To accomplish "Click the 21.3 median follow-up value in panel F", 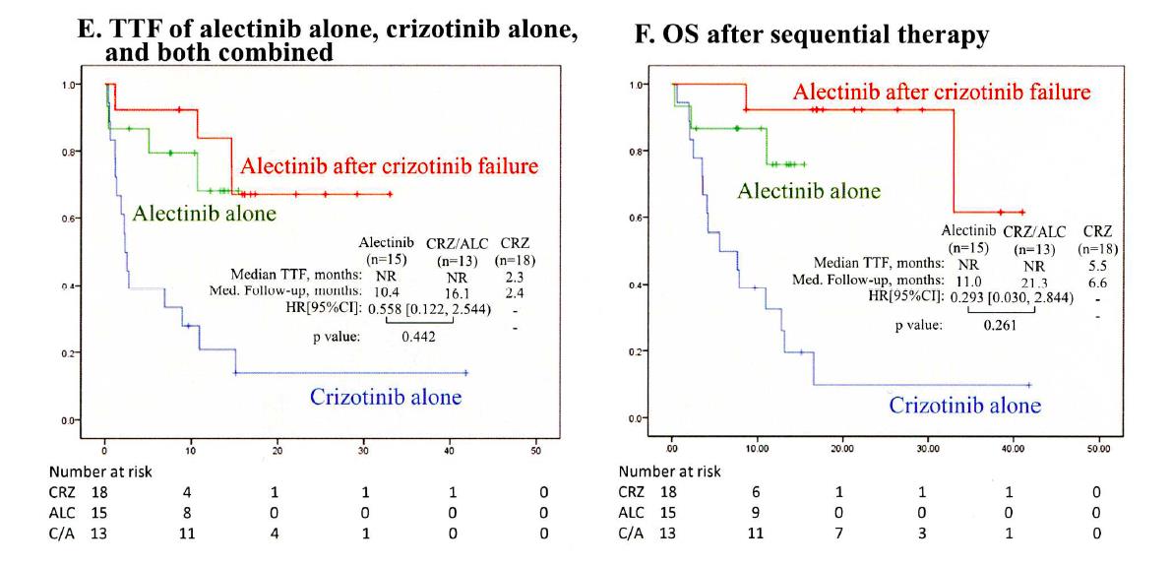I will [x=1042, y=280].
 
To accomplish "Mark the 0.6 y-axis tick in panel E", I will [x=62, y=219].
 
